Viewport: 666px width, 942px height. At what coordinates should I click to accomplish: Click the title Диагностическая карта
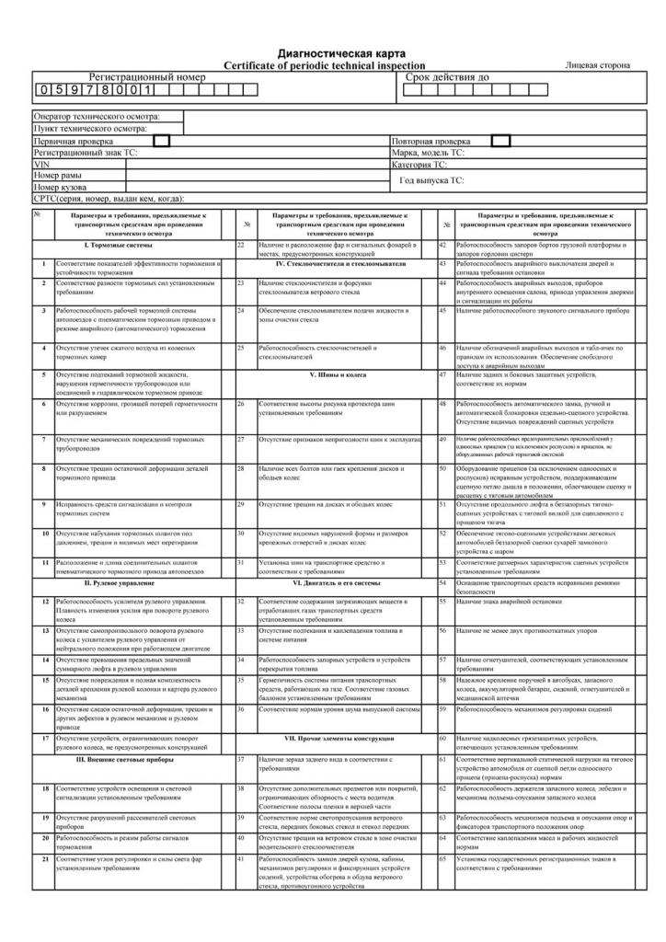click(x=341, y=54)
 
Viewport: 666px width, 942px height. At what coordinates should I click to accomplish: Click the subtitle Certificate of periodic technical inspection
click(x=325, y=65)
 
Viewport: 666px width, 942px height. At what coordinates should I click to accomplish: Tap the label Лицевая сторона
click(x=598, y=66)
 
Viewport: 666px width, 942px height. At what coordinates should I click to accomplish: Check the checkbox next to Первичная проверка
click(x=162, y=141)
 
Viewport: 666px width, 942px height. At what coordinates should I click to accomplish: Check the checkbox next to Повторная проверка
click(x=500, y=141)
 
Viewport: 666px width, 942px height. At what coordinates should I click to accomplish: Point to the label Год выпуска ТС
click(x=431, y=181)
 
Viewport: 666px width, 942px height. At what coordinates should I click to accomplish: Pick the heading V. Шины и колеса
click(x=338, y=374)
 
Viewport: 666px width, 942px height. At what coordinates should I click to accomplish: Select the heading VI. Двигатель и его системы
click(x=336, y=582)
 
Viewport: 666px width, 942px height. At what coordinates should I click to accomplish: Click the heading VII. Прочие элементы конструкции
click(x=336, y=739)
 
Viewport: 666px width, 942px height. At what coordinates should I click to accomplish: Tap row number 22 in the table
click(x=240, y=246)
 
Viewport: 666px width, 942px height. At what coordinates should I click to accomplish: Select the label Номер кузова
click(x=61, y=187)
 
